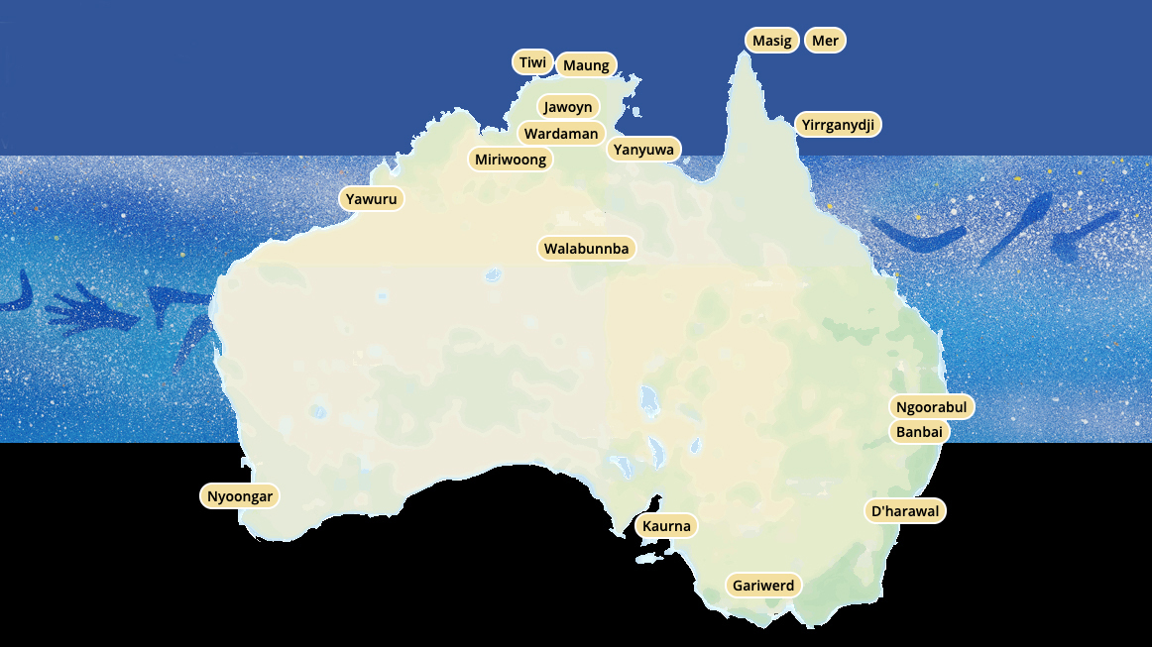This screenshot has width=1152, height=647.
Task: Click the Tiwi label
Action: pyautogui.click(x=532, y=62)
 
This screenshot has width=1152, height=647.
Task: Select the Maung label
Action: pyautogui.click(x=586, y=65)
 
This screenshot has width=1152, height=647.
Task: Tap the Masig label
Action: pyautogui.click(x=772, y=41)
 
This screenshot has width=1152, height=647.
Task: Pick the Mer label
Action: pyautogui.click(x=825, y=41)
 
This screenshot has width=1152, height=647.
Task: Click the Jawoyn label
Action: pyautogui.click(x=568, y=107)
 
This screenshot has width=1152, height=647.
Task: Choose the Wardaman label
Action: pyautogui.click(x=561, y=134)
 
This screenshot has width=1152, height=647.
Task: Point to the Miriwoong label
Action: pyautogui.click(x=511, y=160)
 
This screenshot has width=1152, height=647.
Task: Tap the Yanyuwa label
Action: pyautogui.click(x=643, y=151)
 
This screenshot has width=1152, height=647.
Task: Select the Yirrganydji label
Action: pyautogui.click(x=838, y=125)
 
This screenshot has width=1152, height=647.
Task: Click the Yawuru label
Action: pyautogui.click(x=372, y=199)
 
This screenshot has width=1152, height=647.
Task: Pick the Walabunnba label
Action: pyautogui.click(x=587, y=249)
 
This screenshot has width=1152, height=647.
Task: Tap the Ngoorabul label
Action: pyautogui.click(x=931, y=407)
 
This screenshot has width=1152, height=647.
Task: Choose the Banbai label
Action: pyautogui.click(x=919, y=432)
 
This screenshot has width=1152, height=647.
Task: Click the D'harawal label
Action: pyautogui.click(x=905, y=511)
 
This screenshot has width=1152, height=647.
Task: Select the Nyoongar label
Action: pyautogui.click(x=240, y=496)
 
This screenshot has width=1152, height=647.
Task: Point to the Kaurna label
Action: pyautogui.click(x=666, y=526)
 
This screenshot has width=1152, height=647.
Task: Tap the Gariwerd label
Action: pyautogui.click(x=763, y=586)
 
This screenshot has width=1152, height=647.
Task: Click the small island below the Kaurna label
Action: pyautogui.click(x=649, y=559)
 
